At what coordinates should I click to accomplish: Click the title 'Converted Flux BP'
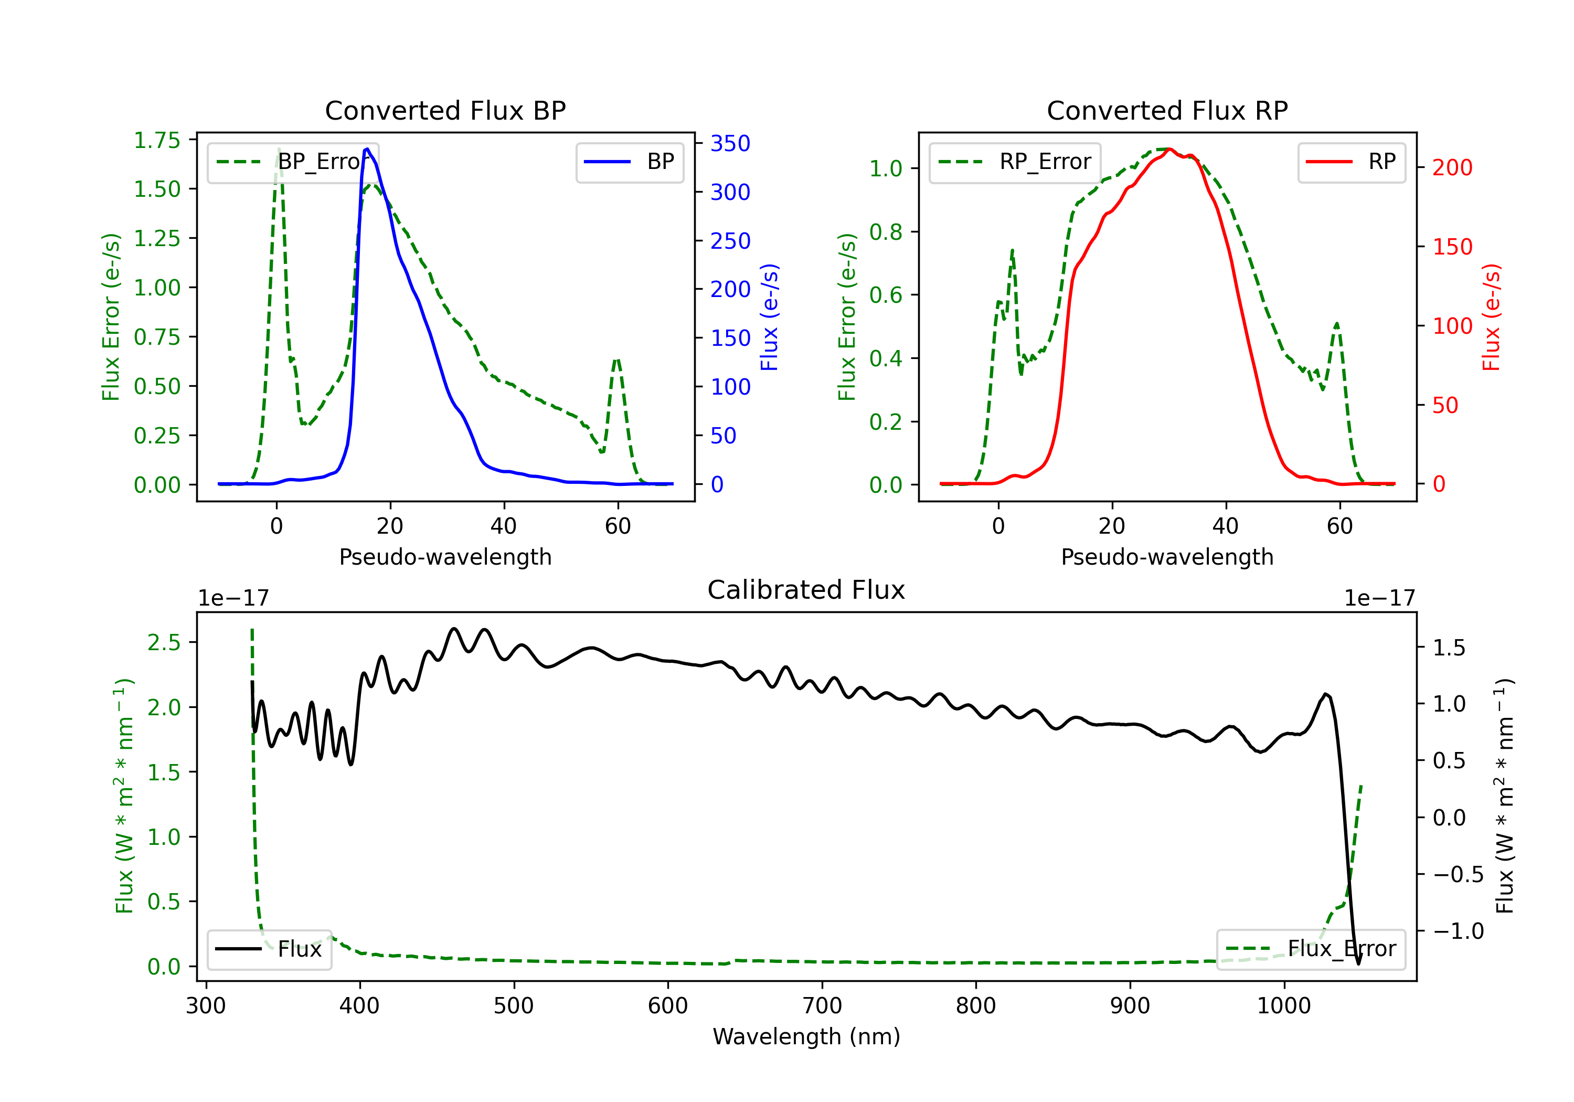pos(445,110)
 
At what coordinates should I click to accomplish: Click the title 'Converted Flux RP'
pos(1167,110)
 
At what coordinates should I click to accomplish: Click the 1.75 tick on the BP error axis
pos(157,140)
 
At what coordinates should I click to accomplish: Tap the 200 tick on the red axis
pos(1452,167)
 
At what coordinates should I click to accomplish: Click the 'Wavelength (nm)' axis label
pos(806,1036)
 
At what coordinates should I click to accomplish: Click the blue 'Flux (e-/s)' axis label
pos(769,317)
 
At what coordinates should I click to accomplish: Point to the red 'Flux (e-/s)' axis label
pos(1491,317)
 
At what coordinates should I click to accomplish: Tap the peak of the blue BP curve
pos(367,149)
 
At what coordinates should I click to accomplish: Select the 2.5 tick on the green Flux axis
pos(164,642)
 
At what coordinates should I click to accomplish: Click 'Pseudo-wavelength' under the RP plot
pos(1167,557)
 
